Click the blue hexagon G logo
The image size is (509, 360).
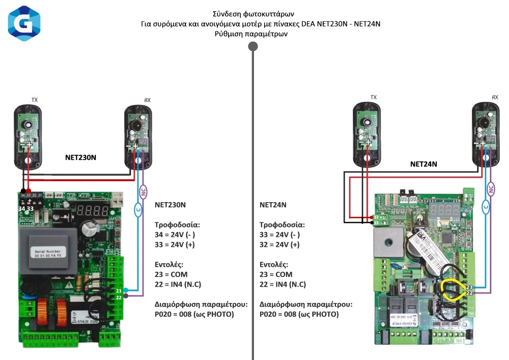point(24,23)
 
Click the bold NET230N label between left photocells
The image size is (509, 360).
point(80,158)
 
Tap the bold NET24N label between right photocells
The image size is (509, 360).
point(423,164)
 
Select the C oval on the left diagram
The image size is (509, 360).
point(137,209)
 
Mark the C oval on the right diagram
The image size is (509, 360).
point(486,206)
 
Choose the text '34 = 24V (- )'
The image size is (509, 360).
point(175,235)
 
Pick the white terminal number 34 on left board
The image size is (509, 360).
point(22,208)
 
